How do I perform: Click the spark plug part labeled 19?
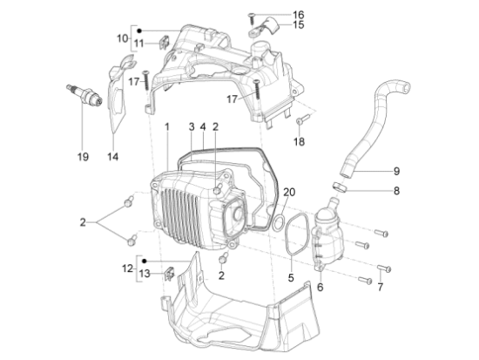pos(85,93)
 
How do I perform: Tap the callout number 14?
pos(112,157)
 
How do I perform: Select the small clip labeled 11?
pos(165,42)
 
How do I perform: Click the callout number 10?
pos(122,38)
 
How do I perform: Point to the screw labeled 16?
pos(252,18)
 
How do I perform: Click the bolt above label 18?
pos(303,119)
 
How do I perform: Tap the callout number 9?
pos(396,171)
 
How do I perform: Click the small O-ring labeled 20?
pos(279,223)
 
